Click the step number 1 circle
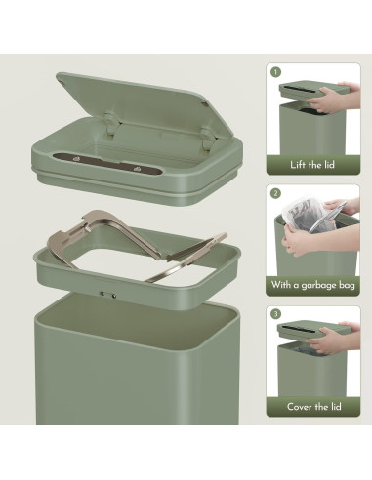point(275,72)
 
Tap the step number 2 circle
point(275,194)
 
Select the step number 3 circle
point(276,314)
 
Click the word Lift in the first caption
point(297,165)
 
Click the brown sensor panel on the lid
point(107,164)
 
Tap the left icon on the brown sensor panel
point(77,159)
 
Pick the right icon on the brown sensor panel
point(137,169)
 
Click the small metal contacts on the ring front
point(108,295)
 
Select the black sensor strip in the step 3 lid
point(299,328)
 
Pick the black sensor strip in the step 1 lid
point(298,88)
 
